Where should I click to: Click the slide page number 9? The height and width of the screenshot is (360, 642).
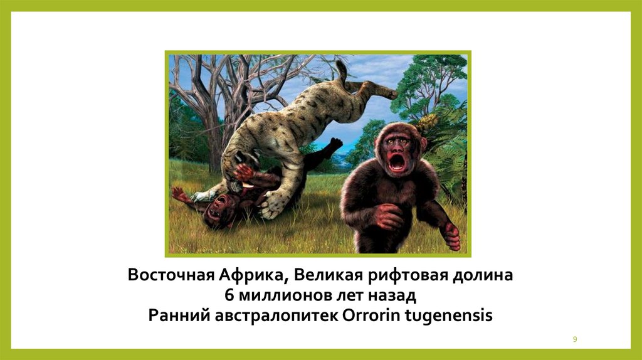(575, 339)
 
